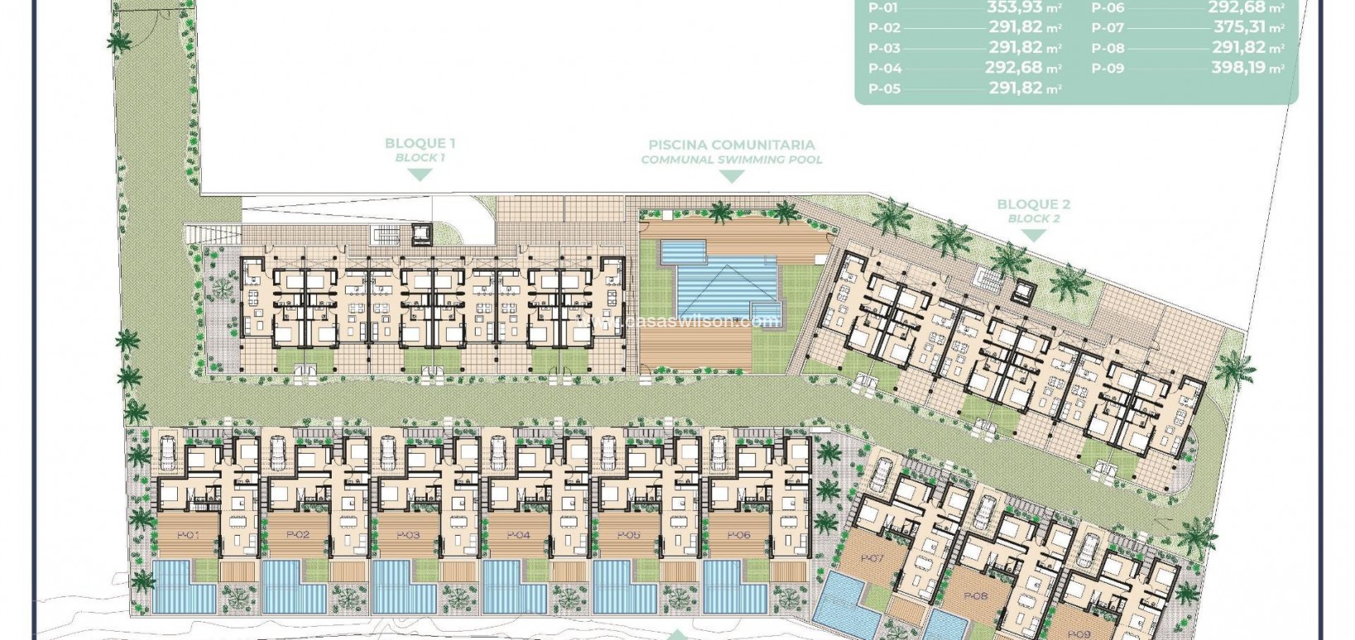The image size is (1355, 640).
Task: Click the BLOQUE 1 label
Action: point(420,143)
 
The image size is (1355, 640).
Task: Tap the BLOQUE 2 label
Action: point(1033,205)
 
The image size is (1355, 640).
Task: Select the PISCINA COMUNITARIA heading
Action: point(731,144)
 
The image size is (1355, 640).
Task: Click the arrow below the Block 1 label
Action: point(420,175)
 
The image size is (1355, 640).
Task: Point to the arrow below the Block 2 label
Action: point(1033,236)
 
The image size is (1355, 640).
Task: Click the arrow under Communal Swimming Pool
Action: point(732,176)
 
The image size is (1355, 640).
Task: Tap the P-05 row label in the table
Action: point(884,89)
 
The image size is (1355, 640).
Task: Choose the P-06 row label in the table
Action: point(1108,7)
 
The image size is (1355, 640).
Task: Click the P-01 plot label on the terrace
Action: point(188,536)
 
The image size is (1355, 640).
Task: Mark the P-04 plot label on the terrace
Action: point(518,536)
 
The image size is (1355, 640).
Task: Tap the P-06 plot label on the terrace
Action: point(738,536)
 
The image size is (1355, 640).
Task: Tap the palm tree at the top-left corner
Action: point(119,41)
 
